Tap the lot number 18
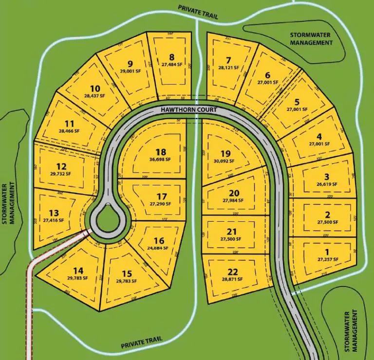click(x=159, y=152)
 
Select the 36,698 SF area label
click(x=159, y=159)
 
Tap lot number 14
click(x=78, y=270)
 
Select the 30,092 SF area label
click(x=224, y=161)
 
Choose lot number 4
click(x=319, y=137)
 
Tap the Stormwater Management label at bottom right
click(x=353, y=331)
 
